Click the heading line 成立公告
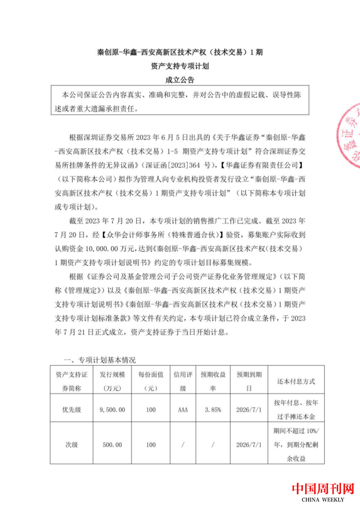click(x=179, y=80)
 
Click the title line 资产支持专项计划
click(x=179, y=66)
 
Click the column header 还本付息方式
click(x=294, y=381)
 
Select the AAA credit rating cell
click(x=183, y=410)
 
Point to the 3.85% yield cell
click(x=213, y=410)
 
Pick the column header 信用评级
click(x=183, y=381)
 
